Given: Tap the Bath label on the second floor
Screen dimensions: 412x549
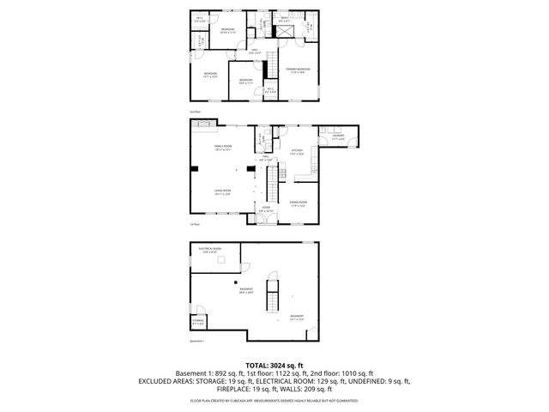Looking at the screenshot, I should [284, 18].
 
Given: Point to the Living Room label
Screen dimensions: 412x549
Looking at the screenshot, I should [223, 193].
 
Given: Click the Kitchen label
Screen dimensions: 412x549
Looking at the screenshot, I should [297, 152].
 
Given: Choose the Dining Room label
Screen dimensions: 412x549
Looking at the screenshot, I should [298, 204].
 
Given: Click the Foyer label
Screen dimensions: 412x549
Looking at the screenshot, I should [266, 209].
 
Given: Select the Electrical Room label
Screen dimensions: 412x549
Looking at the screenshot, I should [210, 250].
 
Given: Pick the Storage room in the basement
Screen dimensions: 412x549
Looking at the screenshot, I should [198, 322].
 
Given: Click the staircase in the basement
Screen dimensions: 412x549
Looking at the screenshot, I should [273, 296].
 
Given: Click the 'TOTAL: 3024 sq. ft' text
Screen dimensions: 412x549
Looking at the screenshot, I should [274, 365].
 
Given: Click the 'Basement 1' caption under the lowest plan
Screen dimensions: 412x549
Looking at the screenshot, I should [197, 341].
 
